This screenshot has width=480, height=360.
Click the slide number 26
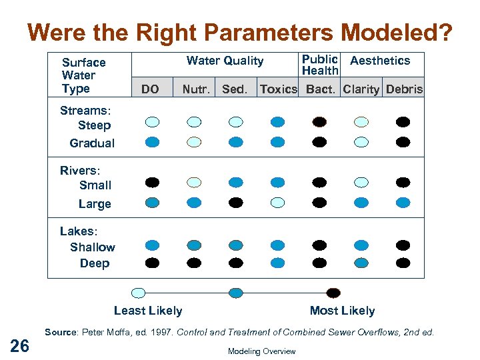(x=20, y=345)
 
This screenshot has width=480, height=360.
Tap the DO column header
(x=151, y=89)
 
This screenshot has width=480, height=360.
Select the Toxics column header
(x=278, y=89)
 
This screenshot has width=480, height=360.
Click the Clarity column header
(x=361, y=89)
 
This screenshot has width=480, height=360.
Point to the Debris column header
(x=404, y=89)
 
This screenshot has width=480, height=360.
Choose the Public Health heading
(x=320, y=65)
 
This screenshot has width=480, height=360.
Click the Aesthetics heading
(x=380, y=61)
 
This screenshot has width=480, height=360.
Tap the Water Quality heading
(x=225, y=61)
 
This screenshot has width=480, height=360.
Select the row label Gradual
(x=92, y=143)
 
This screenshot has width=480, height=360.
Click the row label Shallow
(x=93, y=247)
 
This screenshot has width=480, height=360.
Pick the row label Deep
(x=95, y=263)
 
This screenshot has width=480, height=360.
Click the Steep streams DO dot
(x=153, y=122)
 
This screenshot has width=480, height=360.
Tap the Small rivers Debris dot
(x=403, y=182)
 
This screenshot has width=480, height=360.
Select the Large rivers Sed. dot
(x=236, y=202)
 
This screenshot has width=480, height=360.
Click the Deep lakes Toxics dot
(x=278, y=263)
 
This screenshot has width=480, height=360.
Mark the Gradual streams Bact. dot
(x=319, y=141)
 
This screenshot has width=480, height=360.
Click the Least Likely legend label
(x=148, y=311)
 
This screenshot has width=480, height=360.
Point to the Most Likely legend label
(x=342, y=311)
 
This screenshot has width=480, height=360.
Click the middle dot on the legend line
(x=236, y=292)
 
